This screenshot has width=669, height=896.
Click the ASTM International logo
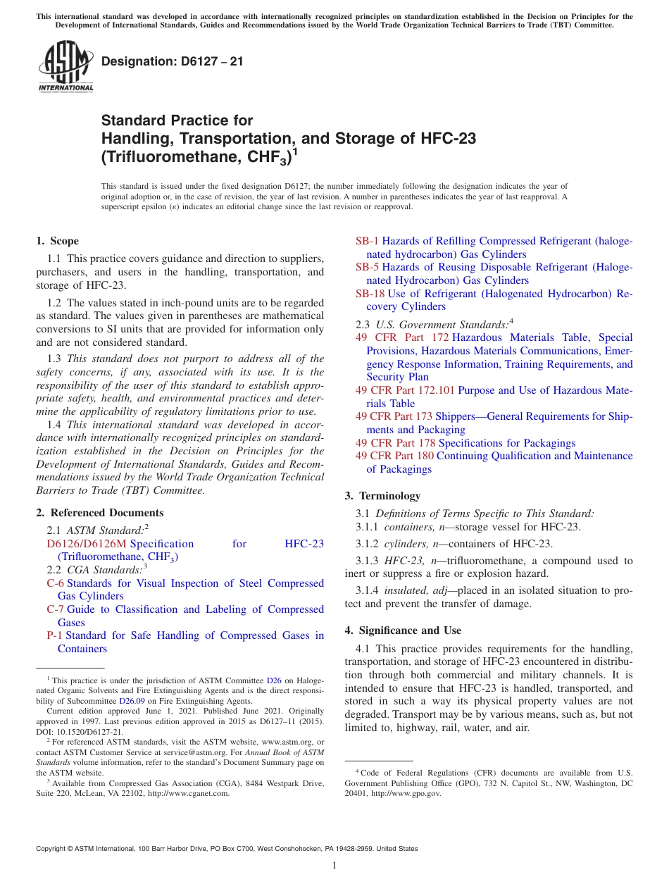point(65,67)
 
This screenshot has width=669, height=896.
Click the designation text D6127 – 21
point(173,62)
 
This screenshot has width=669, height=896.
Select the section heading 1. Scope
point(57,241)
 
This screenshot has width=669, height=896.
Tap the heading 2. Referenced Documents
point(99,513)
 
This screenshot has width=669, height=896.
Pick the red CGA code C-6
point(55,583)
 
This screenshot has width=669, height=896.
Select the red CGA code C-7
point(55,609)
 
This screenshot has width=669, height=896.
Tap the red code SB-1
point(367,241)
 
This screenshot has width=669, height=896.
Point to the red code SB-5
point(367,267)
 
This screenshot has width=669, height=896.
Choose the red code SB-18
point(370,293)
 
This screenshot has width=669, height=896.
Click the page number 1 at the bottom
point(334,866)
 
